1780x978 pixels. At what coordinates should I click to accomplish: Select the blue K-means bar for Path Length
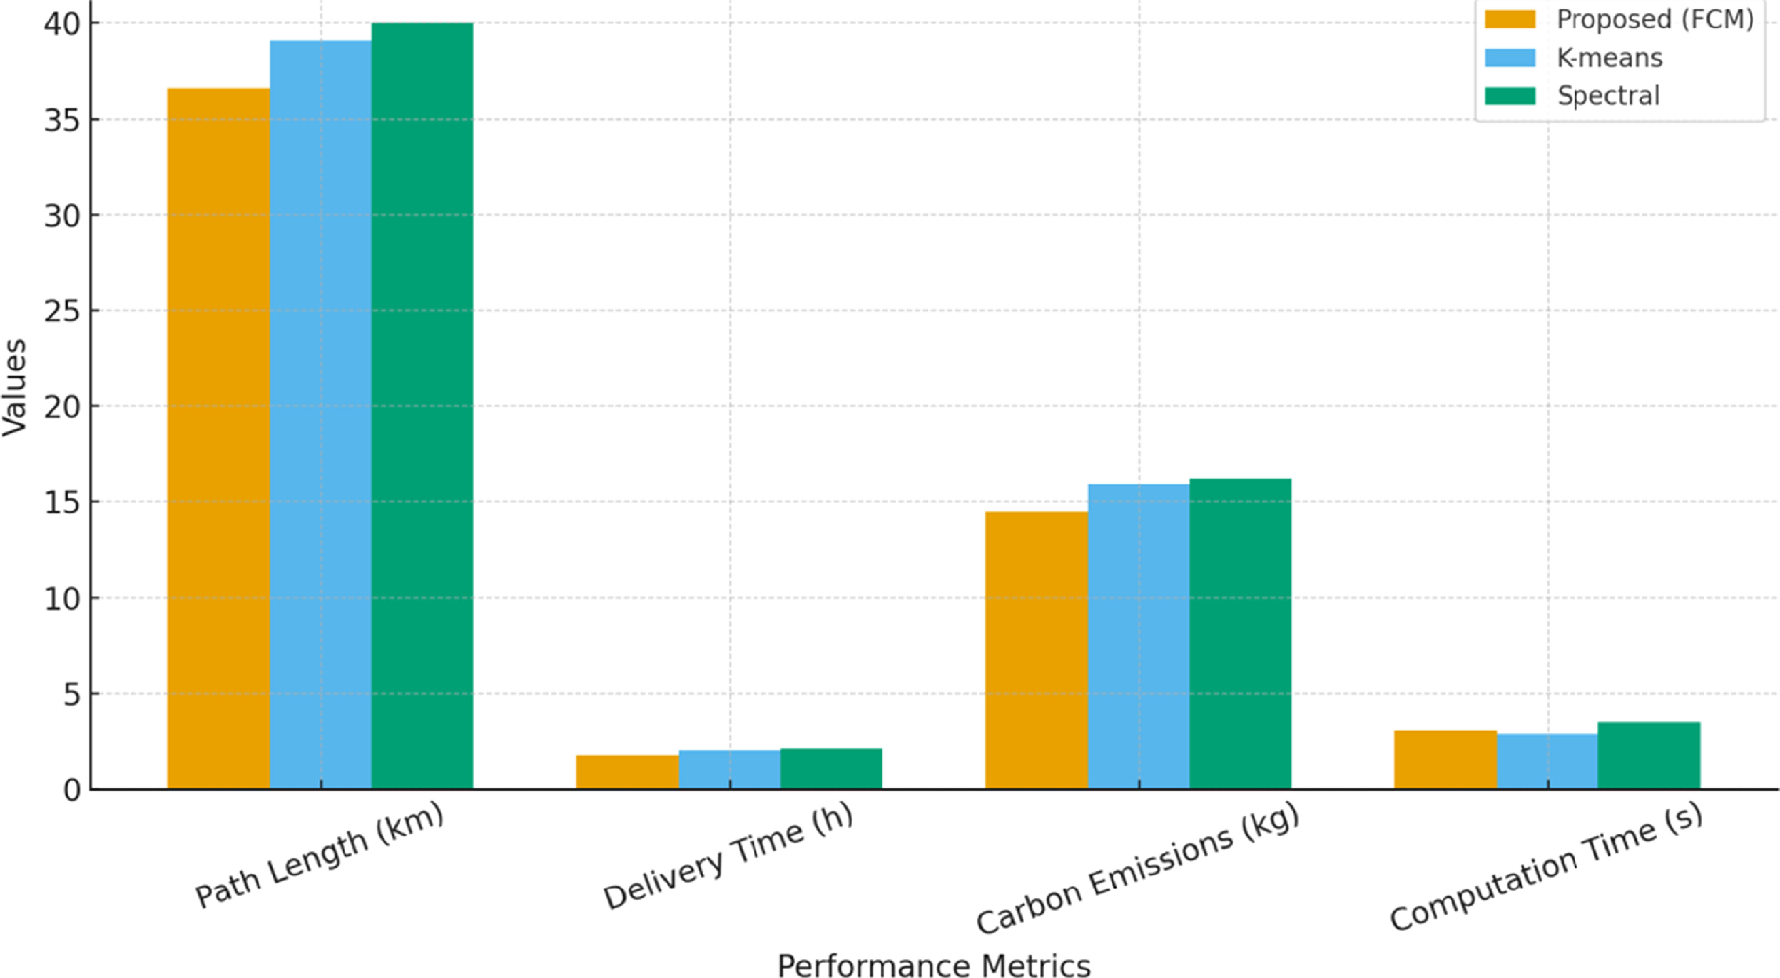click(x=321, y=415)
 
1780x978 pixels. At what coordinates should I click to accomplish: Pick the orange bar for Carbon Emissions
click(x=1036, y=650)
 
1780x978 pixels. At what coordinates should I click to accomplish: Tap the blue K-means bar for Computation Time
click(x=1547, y=761)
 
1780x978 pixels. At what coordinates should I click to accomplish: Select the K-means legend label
click(x=1610, y=58)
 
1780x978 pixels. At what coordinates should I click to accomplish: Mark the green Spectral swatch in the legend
click(x=1510, y=95)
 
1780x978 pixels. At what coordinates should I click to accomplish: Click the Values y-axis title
click(x=14, y=387)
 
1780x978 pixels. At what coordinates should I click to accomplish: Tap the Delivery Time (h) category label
click(x=728, y=856)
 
